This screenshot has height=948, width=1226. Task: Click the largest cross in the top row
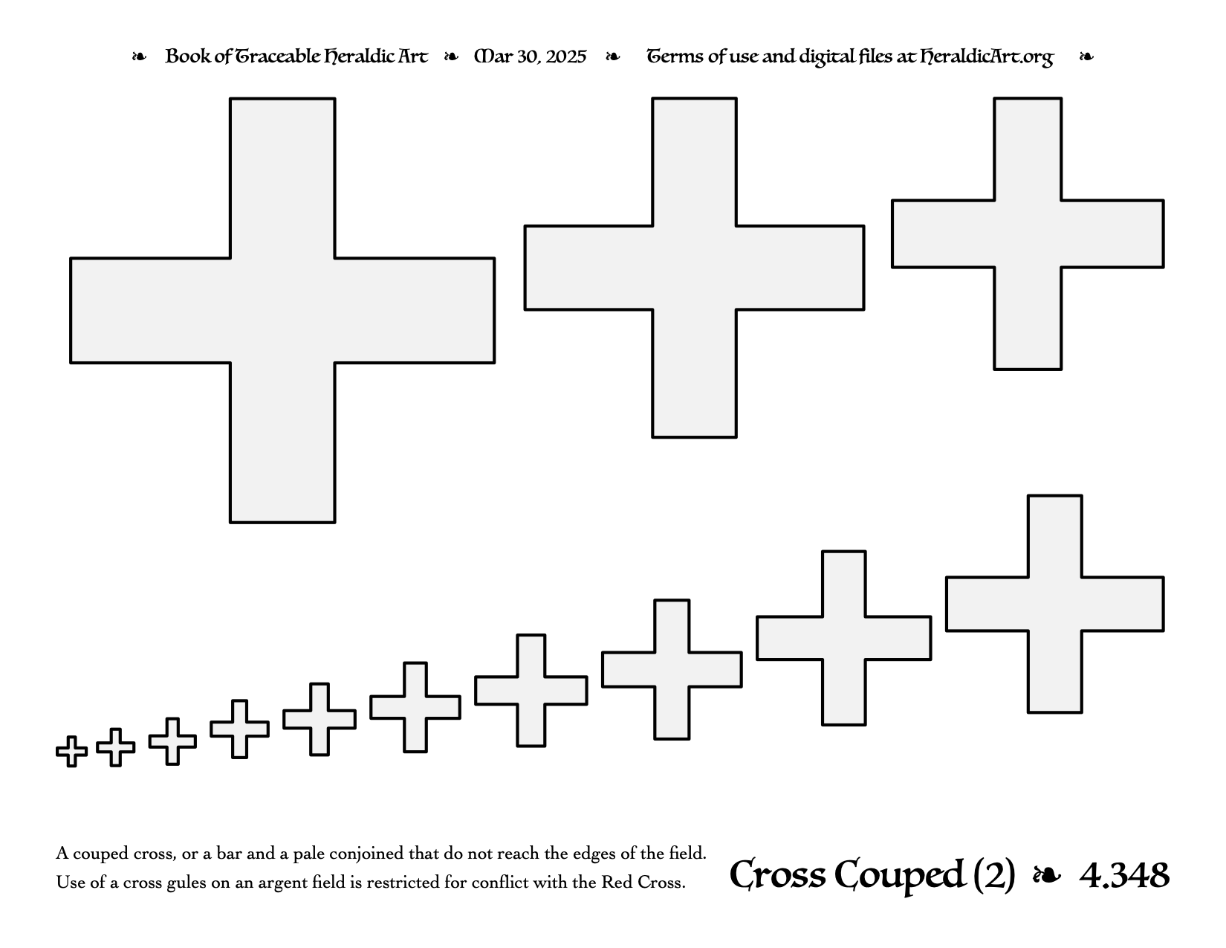point(282,311)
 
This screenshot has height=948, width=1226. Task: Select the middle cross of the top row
point(694,268)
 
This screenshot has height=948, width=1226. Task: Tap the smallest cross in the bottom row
point(71,752)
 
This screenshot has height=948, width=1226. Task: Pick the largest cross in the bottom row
point(1054,604)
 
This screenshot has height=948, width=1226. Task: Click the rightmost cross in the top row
point(1028,233)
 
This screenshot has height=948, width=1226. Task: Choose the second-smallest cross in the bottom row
point(116,747)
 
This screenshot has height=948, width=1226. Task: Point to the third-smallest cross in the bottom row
point(172,741)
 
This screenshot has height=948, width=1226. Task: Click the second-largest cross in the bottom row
point(843,638)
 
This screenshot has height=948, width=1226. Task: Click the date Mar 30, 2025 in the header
point(530,57)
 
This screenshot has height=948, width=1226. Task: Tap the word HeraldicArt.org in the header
point(986,57)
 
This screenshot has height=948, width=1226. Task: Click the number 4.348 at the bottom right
point(1124,875)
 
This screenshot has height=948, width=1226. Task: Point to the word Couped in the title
point(899,875)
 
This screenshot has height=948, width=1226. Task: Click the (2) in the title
point(993,875)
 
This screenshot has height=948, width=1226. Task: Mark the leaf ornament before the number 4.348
point(1047,875)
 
